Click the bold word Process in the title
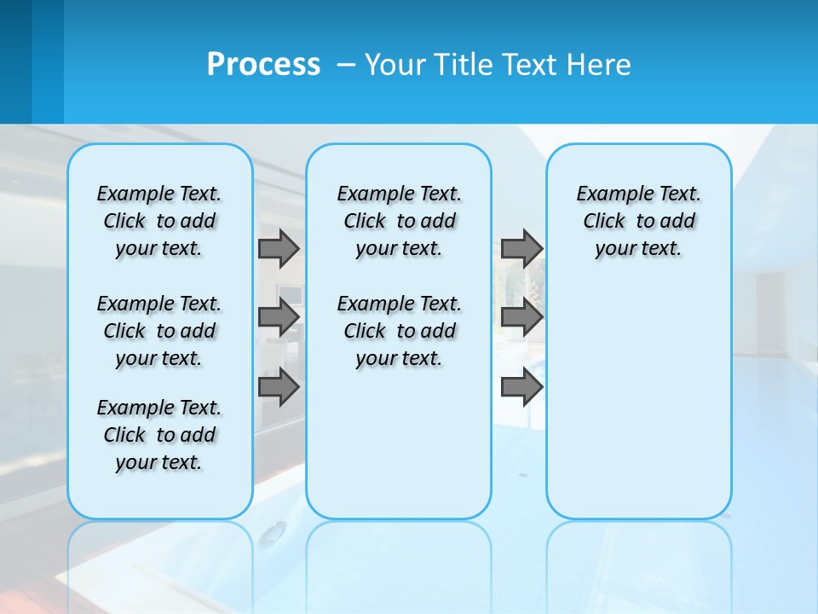263,65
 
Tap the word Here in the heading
598,65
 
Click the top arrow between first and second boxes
279,248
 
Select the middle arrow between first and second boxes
279,317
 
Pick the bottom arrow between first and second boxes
279,387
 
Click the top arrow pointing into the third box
521,248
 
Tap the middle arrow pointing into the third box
521,317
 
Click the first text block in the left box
159,221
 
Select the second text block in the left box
159,331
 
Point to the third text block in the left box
159,435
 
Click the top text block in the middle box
399,221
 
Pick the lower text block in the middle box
399,331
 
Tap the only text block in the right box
638,221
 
